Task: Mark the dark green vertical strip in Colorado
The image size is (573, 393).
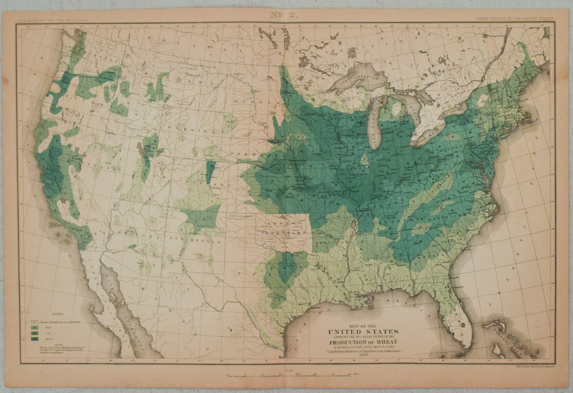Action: pos(210,170)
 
